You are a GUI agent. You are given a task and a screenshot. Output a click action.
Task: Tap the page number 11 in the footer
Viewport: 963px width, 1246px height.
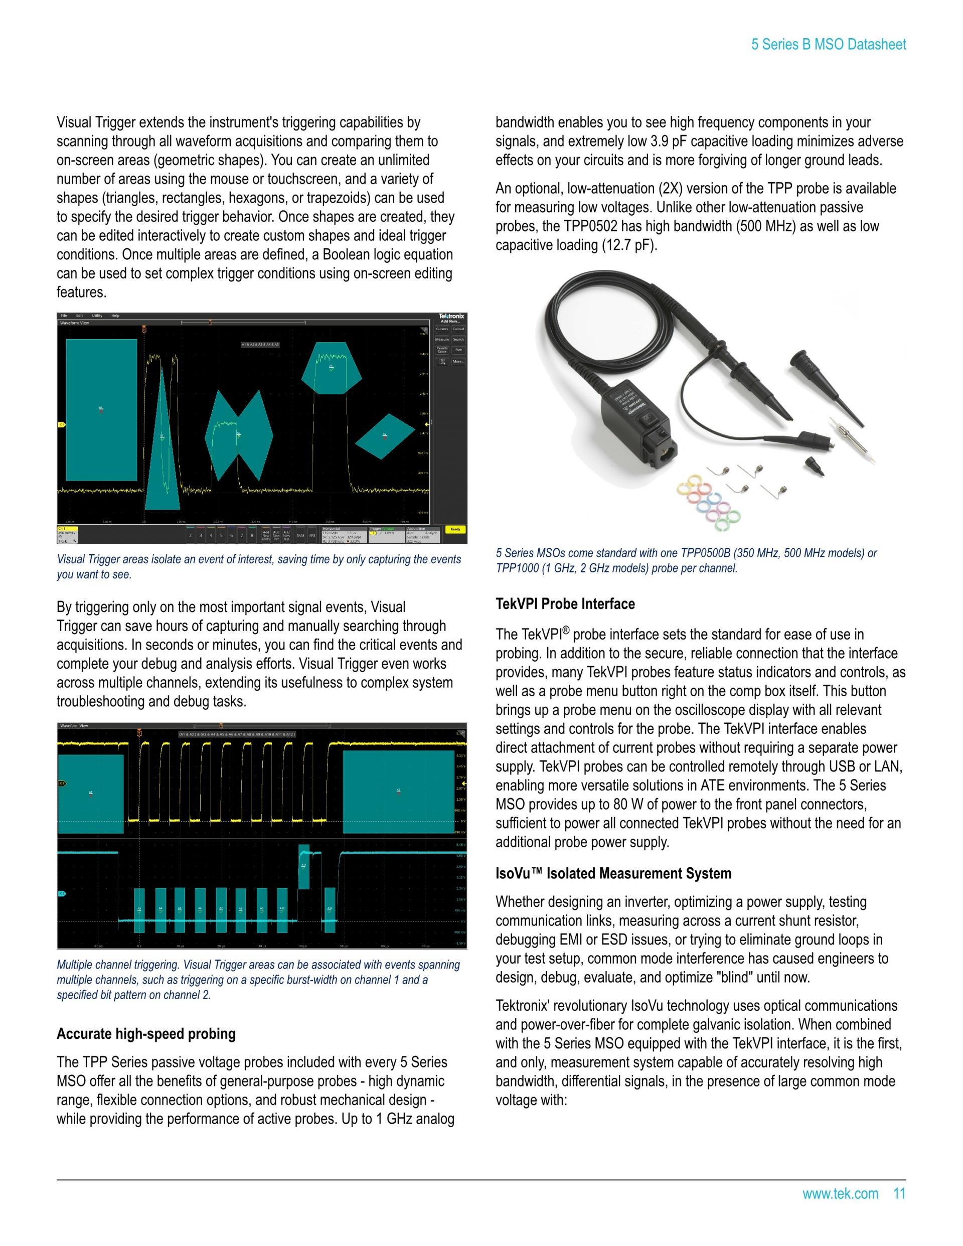click(899, 1193)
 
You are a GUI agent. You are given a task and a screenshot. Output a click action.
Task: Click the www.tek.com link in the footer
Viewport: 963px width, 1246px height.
click(840, 1193)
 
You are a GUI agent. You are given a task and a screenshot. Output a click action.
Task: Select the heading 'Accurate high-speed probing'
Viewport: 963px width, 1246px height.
click(146, 1034)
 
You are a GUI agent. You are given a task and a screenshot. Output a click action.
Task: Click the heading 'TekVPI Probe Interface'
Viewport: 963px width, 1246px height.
click(565, 603)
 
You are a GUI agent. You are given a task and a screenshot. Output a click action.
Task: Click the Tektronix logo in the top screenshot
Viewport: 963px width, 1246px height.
click(451, 316)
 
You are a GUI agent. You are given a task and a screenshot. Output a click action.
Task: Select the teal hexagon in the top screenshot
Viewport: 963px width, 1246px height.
click(331, 368)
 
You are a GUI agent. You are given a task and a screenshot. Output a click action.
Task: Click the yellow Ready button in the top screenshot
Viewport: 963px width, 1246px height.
click(455, 529)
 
